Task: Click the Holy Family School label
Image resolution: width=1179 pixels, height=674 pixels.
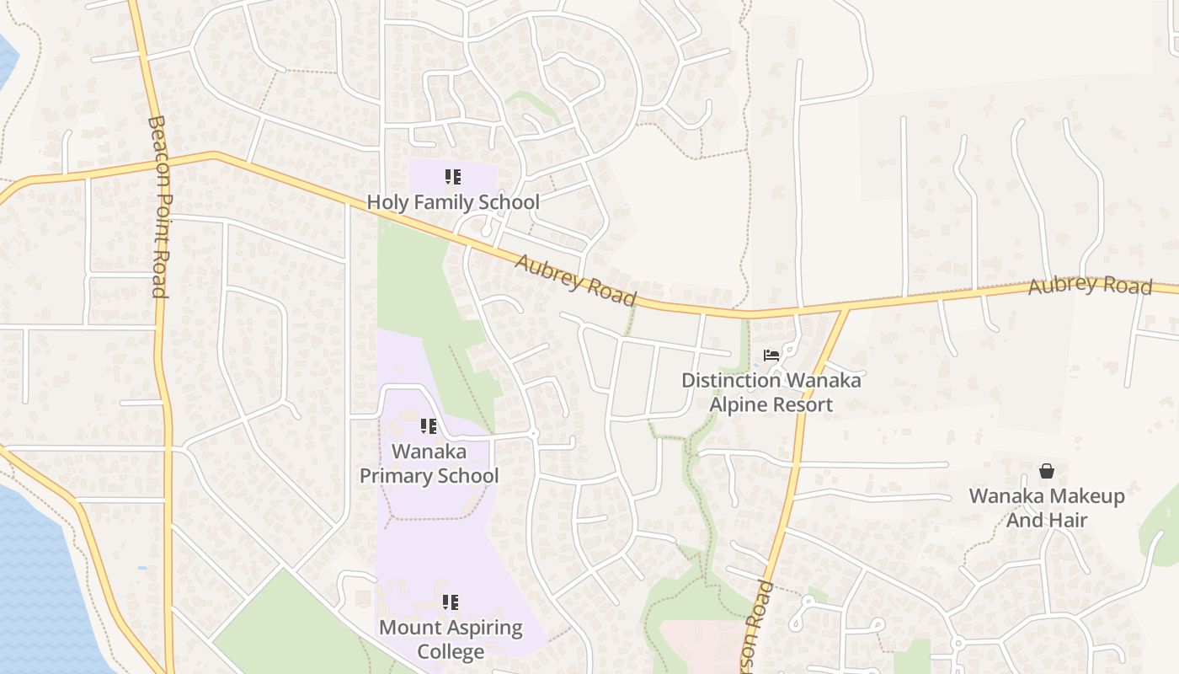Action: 453,202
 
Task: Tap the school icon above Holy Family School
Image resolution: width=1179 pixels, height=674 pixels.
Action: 453,177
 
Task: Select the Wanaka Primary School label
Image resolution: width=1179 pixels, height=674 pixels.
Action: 429,464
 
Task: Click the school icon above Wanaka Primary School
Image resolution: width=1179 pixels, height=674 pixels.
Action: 429,426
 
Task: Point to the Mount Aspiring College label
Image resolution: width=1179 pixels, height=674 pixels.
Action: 451,639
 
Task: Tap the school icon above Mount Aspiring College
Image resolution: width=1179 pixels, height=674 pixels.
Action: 451,602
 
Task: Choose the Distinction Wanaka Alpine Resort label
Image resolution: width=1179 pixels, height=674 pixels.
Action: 771,393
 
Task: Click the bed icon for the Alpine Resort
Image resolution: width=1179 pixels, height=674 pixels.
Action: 771,356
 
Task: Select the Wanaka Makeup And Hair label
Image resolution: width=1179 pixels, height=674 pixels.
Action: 1047,508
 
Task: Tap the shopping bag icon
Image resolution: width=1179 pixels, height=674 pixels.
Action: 1047,470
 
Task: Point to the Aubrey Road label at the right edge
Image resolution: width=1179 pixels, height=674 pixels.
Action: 1090,285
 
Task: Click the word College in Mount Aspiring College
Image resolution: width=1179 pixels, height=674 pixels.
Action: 451,652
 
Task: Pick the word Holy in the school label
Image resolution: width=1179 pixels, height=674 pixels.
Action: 387,202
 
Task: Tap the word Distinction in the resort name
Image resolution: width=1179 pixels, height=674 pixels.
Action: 731,380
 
